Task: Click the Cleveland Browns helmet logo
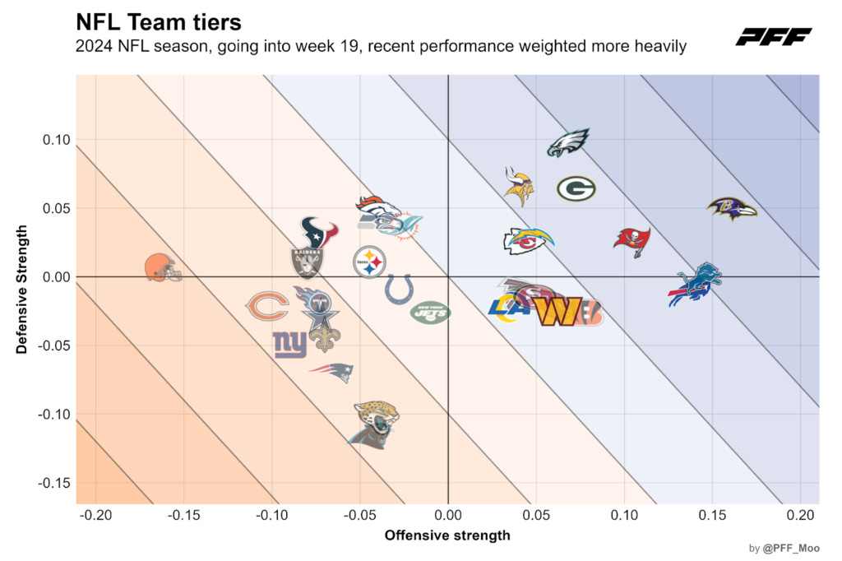click(163, 267)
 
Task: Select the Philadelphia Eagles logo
click(569, 142)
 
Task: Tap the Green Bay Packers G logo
click(576, 189)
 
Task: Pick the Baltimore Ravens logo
click(731, 208)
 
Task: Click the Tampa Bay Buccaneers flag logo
click(631, 239)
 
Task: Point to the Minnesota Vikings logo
click(519, 187)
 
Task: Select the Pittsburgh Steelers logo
click(369, 263)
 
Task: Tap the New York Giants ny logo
click(290, 344)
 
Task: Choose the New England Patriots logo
click(331, 373)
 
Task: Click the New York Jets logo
click(431, 313)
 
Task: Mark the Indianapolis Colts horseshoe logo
click(399, 290)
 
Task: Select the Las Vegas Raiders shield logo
click(308, 262)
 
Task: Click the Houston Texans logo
click(319, 232)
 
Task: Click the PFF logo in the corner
click(773, 37)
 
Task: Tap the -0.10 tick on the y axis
click(55, 415)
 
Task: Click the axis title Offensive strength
click(447, 535)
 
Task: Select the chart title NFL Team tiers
click(159, 21)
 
